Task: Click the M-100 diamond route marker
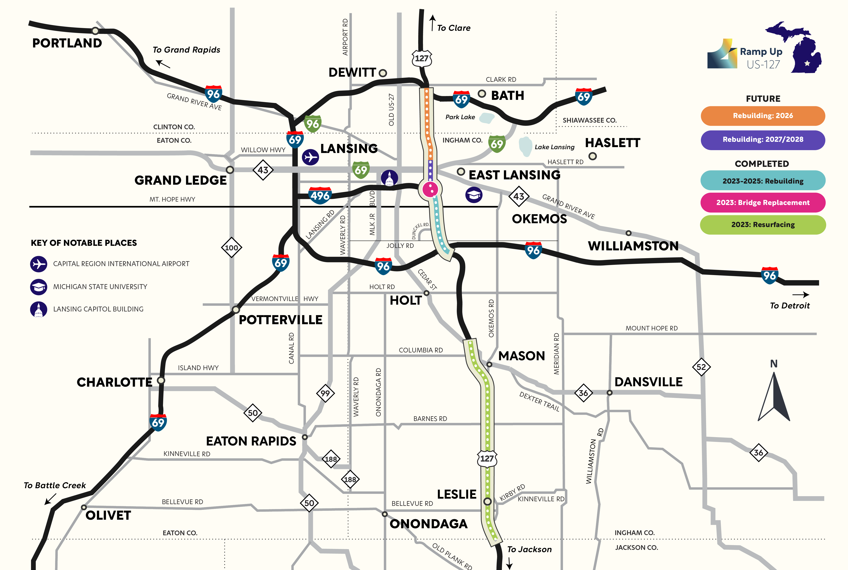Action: click(231, 248)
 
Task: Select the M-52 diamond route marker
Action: click(701, 367)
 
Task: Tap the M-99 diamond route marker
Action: click(325, 393)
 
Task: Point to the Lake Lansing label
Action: click(554, 147)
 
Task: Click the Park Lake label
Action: click(460, 117)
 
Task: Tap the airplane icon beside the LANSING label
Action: click(310, 157)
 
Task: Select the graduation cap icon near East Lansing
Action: click(474, 195)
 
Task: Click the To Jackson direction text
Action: click(529, 549)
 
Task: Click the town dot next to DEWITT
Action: click(383, 73)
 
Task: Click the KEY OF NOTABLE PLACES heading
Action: click(84, 243)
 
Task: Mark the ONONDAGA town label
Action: click(428, 524)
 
